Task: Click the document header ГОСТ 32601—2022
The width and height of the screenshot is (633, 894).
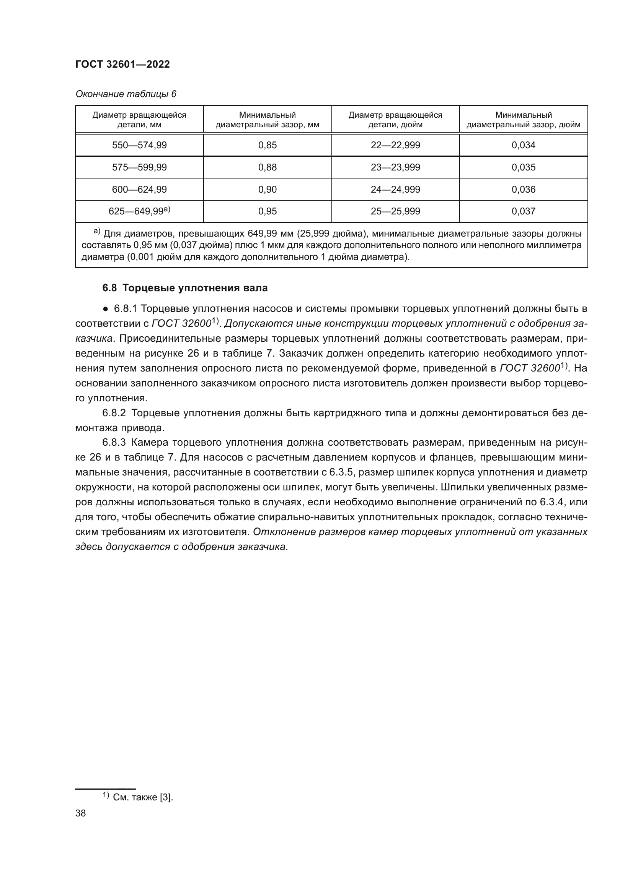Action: pyautogui.click(x=122, y=64)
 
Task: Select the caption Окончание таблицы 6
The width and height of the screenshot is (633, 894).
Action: pyautogui.click(x=126, y=94)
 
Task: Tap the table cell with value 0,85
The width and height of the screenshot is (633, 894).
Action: pyautogui.click(x=268, y=145)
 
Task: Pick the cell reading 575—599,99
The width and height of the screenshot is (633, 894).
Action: pyautogui.click(x=139, y=167)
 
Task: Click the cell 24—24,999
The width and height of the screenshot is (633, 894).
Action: pyautogui.click(x=395, y=190)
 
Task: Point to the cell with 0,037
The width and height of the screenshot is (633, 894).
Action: pyautogui.click(x=523, y=211)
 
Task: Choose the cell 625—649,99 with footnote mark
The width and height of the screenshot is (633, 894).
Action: pyautogui.click(x=139, y=211)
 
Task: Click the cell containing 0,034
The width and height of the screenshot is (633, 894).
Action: pyautogui.click(x=523, y=145)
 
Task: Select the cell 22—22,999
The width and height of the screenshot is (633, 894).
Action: pyautogui.click(x=395, y=145)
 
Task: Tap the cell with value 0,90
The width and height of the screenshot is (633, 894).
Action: pyautogui.click(x=268, y=190)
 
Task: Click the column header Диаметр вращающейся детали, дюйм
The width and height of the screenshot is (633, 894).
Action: pyautogui.click(x=395, y=120)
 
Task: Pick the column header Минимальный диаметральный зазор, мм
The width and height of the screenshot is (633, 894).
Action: pyautogui.click(x=268, y=120)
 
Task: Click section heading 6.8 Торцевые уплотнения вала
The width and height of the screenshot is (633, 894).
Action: pyautogui.click(x=185, y=288)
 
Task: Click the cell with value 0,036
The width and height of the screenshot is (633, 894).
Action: pyautogui.click(x=523, y=190)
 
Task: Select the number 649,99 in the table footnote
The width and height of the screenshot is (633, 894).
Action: pyautogui.click(x=262, y=234)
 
